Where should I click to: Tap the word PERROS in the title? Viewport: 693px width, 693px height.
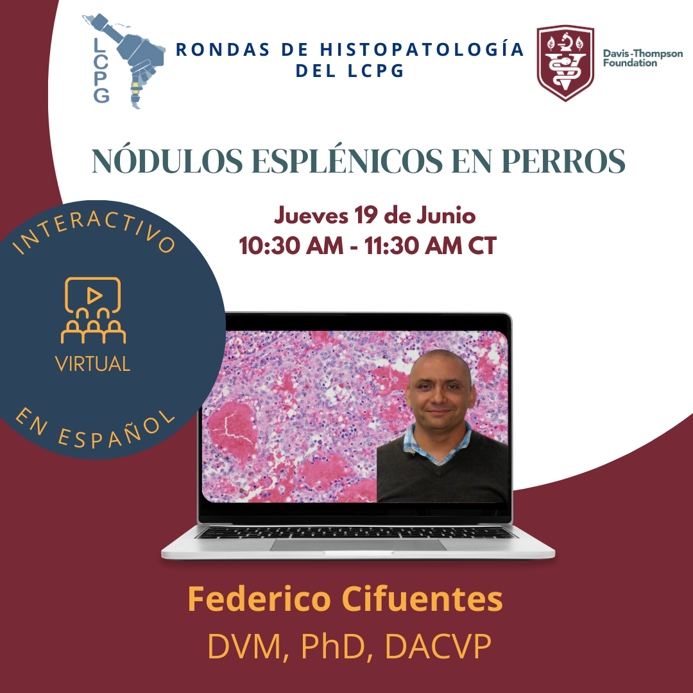pyautogui.click(x=563, y=160)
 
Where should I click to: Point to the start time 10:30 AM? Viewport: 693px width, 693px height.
pyautogui.click(x=291, y=246)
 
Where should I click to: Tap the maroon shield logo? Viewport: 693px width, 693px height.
pyautogui.click(x=565, y=63)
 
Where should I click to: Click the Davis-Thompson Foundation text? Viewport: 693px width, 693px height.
pyautogui.click(x=642, y=58)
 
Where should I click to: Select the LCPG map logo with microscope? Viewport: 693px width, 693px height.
pyautogui.click(x=124, y=61)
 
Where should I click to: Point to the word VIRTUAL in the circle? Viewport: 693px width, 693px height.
pyautogui.click(x=93, y=364)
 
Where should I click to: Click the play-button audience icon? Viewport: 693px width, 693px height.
pyautogui.click(x=93, y=311)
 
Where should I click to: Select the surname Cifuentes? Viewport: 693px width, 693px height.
pyautogui.click(x=422, y=599)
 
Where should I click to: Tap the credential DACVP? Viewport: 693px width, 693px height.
pyautogui.click(x=438, y=647)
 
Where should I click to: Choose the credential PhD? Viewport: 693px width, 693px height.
pyautogui.click(x=334, y=647)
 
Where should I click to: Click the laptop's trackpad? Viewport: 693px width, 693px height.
pyautogui.click(x=359, y=545)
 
